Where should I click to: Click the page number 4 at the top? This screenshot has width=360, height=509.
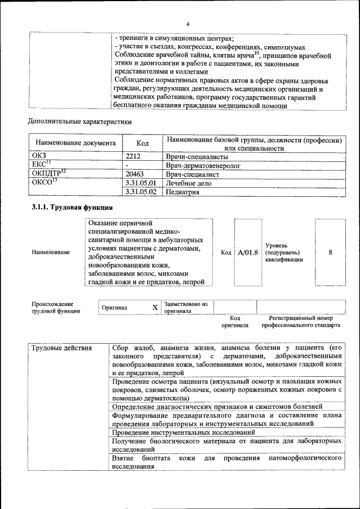coord(188,24)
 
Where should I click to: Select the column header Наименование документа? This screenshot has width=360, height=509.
coord(75,143)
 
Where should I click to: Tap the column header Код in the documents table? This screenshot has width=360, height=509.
coord(142,143)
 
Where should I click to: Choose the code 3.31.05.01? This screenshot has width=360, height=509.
coord(141,183)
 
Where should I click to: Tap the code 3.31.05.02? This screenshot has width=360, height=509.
coord(141,192)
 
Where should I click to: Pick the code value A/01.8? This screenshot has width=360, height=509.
coord(247,253)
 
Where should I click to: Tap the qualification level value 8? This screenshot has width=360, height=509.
coord(330,253)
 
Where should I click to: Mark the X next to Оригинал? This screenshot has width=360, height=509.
coord(155,308)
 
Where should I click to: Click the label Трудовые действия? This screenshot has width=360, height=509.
coord(62,348)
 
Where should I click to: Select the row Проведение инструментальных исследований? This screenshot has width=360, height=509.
coord(183,432)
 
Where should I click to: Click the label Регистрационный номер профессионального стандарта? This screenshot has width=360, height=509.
coord(304,322)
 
